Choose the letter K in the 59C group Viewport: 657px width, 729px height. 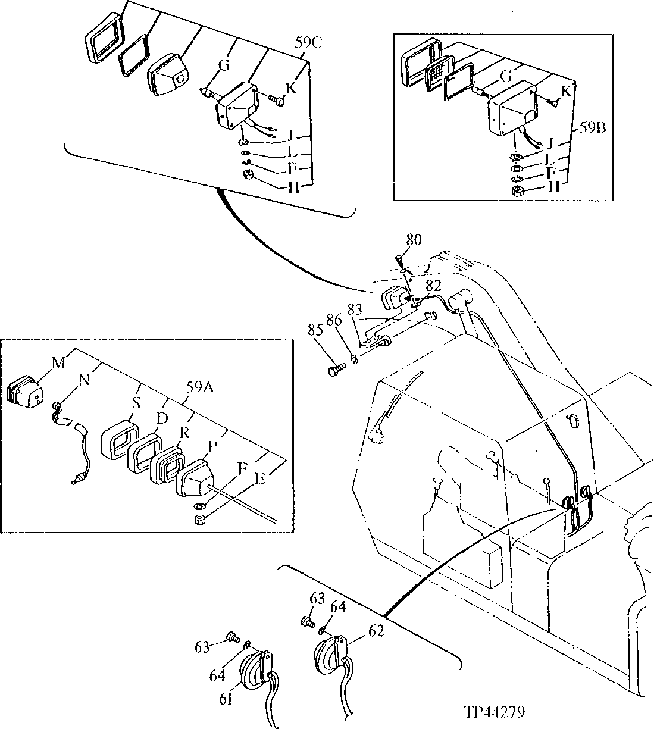pyautogui.click(x=290, y=89)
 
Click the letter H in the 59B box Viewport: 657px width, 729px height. pyautogui.click(x=553, y=187)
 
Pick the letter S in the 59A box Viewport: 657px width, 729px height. pyautogui.click(x=136, y=403)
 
